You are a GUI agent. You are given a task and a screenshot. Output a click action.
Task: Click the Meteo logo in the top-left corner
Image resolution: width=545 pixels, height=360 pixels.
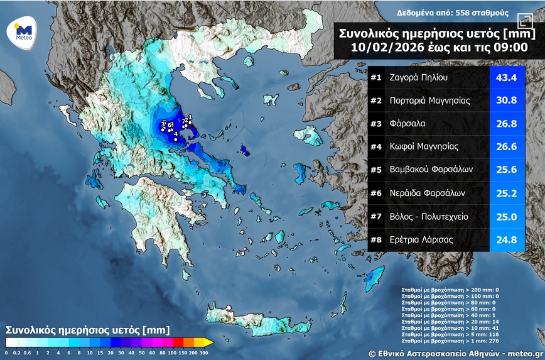(x=24, y=31)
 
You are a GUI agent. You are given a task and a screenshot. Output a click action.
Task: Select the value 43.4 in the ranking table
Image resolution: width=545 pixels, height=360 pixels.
(x=506, y=78)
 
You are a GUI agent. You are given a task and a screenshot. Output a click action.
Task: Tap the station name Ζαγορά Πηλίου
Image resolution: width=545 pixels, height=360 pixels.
(x=419, y=78)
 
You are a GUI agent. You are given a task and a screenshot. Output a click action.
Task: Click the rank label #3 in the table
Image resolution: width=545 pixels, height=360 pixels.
(x=376, y=124)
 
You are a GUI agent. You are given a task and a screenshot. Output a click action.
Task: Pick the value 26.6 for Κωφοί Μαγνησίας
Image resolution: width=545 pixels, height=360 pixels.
(x=506, y=146)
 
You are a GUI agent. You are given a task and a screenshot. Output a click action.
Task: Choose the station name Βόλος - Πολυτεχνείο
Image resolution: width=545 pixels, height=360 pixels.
(x=429, y=217)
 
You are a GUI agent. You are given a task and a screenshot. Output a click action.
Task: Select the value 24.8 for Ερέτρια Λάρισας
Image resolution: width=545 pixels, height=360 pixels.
(x=506, y=239)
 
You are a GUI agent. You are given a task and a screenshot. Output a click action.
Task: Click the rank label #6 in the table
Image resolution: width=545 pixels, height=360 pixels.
(x=376, y=193)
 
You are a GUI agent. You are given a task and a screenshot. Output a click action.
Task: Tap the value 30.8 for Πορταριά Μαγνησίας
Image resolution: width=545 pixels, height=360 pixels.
(x=506, y=101)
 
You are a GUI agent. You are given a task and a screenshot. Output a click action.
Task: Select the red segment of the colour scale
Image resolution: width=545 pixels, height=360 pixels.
(x=178, y=342)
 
